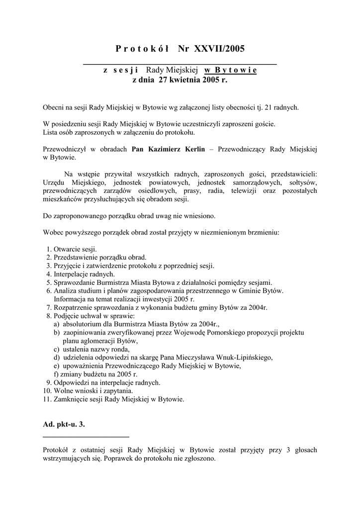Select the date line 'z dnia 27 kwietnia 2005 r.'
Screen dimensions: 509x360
180,80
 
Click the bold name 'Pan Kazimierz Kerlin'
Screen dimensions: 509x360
168,149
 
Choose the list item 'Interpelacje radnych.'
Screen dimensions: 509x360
84,274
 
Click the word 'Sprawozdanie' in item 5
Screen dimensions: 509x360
74,282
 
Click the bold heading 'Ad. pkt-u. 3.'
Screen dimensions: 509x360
67,424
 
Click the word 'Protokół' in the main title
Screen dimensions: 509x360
142,49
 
